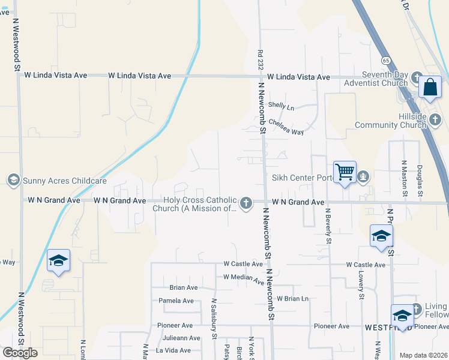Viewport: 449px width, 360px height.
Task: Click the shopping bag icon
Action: point(430,87)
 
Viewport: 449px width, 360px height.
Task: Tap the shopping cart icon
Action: point(345,172)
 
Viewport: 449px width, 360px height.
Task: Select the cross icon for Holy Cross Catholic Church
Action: point(246,204)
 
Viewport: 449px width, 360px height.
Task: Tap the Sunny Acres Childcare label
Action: point(65,180)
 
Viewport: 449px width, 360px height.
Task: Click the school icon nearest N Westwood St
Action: point(58,261)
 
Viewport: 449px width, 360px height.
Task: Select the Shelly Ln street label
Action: point(282,107)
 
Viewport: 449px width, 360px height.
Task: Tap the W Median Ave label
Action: point(243,279)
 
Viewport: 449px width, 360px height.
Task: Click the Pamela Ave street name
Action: point(176,301)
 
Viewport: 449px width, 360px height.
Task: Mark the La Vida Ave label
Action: point(178,350)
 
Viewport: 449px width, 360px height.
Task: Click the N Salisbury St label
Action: point(214,319)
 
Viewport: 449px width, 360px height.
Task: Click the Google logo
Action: point(20,353)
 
